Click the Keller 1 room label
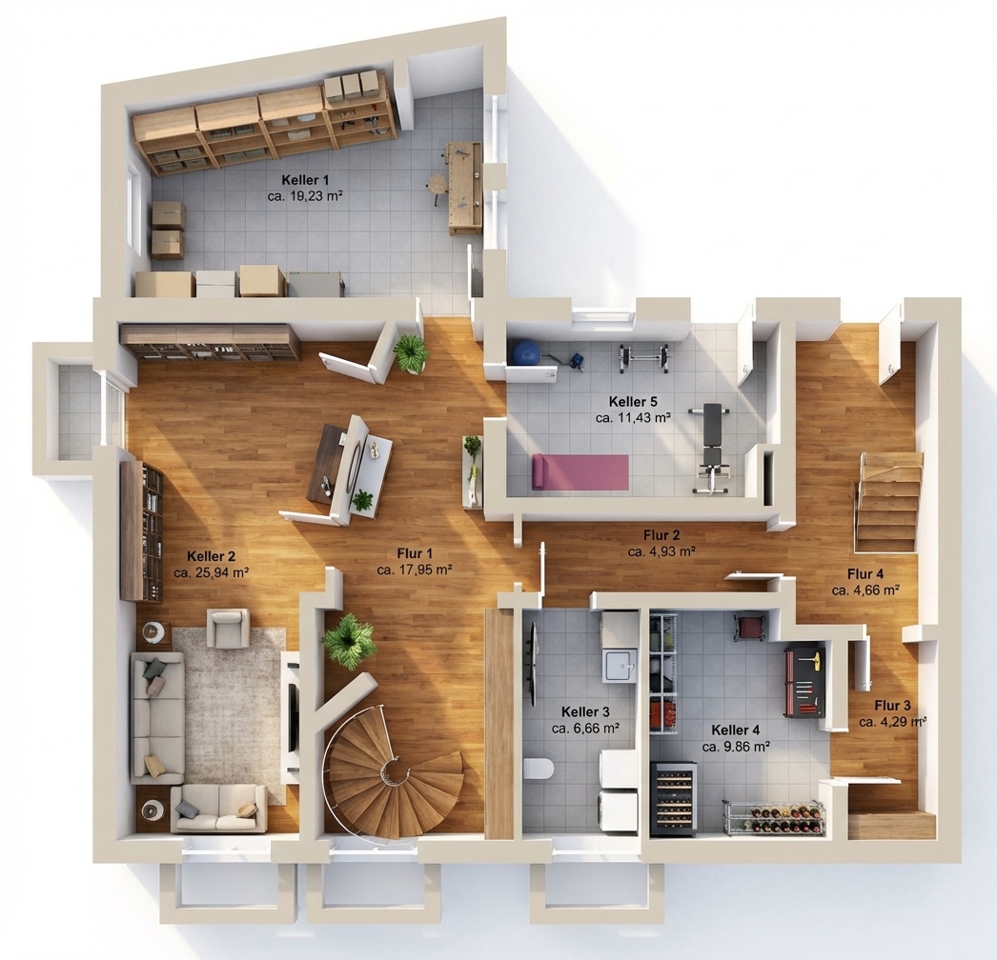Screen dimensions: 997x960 tap(305, 180)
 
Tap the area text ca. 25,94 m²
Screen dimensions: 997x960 tap(211, 572)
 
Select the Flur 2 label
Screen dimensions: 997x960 tap(661, 535)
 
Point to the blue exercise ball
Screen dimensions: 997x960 tap(526, 352)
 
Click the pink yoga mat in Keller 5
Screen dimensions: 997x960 tap(580, 471)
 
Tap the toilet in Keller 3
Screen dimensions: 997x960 tap(539, 770)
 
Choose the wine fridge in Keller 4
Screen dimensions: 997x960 tap(673, 797)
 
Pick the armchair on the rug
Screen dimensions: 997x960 tap(228, 627)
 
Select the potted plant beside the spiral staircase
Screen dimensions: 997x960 tap(347, 640)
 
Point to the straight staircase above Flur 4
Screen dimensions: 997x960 tap(888, 502)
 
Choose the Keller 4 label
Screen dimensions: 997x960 tap(735, 730)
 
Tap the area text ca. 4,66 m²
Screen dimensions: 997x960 tap(865, 590)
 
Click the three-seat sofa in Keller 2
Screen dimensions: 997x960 tap(156, 716)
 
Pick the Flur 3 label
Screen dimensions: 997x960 tap(892, 705)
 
